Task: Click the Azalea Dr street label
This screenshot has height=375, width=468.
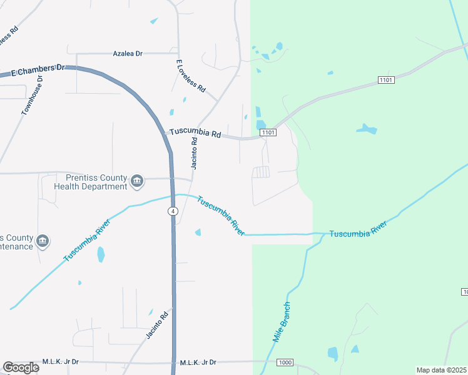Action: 127,54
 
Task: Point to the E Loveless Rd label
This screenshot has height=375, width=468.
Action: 191,76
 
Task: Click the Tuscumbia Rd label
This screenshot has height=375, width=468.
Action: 196,133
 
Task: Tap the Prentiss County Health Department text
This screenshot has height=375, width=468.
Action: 91,182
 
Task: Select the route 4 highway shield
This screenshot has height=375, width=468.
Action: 172,211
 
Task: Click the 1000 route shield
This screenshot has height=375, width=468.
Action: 285,362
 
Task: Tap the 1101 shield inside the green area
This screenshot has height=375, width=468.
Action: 386,80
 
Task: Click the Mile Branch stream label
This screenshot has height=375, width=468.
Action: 282,322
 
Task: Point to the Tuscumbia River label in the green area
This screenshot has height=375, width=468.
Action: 359,232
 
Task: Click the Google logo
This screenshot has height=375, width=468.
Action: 21,367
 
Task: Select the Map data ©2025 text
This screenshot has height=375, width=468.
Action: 441,370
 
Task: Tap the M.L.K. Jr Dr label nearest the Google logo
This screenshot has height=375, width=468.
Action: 60,362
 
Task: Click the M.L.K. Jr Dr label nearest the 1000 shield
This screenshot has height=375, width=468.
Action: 198,362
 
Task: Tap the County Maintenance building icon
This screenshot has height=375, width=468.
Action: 43,241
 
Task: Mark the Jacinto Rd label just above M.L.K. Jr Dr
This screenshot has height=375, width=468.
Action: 158,325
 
